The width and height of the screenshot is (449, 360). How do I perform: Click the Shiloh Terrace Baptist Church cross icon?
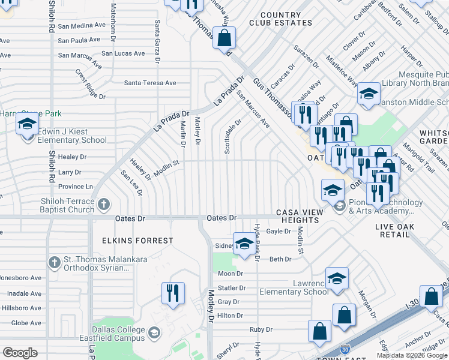point(103,205)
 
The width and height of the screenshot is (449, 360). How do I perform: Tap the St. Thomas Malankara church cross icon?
point(55,262)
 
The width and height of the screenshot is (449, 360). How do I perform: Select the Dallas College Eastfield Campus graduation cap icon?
point(154,332)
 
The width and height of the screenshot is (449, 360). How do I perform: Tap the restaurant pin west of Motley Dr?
point(172,293)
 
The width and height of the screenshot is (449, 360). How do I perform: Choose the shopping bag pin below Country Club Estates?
point(223,38)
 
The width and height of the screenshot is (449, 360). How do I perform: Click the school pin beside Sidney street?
point(244,244)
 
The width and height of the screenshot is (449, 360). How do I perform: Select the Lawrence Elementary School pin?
point(337,278)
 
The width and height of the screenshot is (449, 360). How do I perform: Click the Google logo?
point(20,353)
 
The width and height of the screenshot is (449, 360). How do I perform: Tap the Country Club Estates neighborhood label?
point(281,19)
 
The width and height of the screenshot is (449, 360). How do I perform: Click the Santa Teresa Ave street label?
point(149,83)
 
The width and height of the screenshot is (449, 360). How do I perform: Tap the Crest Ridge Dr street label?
point(90,84)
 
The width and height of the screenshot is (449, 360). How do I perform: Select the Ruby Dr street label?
point(261,329)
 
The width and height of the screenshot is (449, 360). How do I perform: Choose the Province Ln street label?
point(75,187)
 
